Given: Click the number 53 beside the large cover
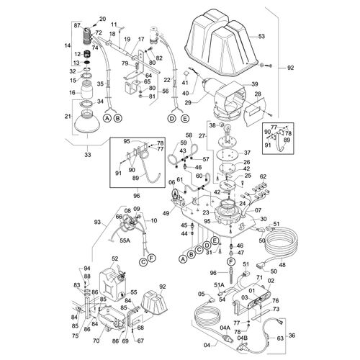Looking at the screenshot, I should (261, 35).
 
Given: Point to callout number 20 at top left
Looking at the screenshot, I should (102, 18).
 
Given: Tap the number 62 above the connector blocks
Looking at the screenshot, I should (263, 176).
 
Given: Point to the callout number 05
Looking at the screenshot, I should (201, 294).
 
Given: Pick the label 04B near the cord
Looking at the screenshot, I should (242, 337).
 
